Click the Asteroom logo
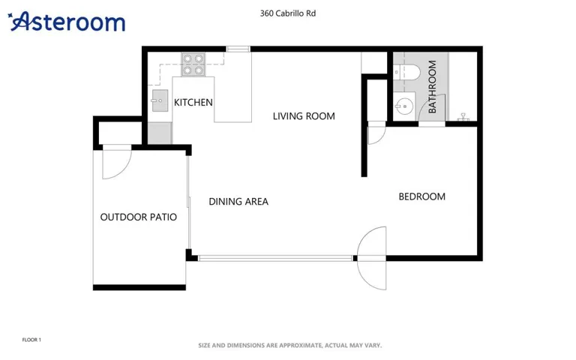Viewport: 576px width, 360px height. pyautogui.click(x=67, y=21)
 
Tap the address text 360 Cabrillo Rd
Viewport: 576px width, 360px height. pyautogui.click(x=288, y=13)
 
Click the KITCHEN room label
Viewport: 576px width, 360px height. pyautogui.click(x=193, y=103)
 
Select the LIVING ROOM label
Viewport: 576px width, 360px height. pyautogui.click(x=304, y=116)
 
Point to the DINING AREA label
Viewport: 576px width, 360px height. pyautogui.click(x=238, y=202)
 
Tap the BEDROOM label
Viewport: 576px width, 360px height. pyautogui.click(x=422, y=197)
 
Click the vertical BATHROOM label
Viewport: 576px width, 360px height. pyautogui.click(x=432, y=87)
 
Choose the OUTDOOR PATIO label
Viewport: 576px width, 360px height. pyautogui.click(x=139, y=217)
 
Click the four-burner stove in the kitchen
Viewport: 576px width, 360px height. pyautogui.click(x=193, y=64)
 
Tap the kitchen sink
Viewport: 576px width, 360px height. pyautogui.click(x=160, y=100)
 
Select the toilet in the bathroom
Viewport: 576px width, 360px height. pyautogui.click(x=406, y=72)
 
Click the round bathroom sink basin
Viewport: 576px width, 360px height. pyautogui.click(x=404, y=106)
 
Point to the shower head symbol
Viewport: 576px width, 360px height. pyautogui.click(x=463, y=117)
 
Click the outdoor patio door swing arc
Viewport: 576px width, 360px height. pyautogui.click(x=123, y=169)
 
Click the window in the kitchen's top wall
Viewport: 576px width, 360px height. pyautogui.click(x=238, y=49)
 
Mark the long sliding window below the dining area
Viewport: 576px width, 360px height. pyautogui.click(x=275, y=258)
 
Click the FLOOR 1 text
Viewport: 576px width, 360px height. pyautogui.click(x=31, y=340)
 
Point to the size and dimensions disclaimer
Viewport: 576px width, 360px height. pyautogui.click(x=289, y=346)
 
